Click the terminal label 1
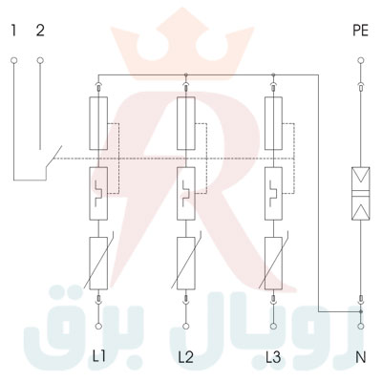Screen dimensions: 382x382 [x=14, y=30]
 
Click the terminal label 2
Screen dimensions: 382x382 [x=39, y=30]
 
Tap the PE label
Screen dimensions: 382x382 [x=360, y=30]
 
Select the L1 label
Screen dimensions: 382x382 [x=98, y=357]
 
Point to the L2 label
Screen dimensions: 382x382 [x=185, y=357]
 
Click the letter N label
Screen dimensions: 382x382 [x=361, y=357]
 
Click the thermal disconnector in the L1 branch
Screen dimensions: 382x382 [x=99, y=192]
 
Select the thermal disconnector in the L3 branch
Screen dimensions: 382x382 [x=274, y=192]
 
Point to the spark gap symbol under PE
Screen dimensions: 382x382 [x=361, y=191]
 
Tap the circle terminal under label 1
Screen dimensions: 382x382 [x=14, y=61]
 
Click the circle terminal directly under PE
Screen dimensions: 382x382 [x=361, y=61]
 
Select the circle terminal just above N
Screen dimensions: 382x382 [x=361, y=326]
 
